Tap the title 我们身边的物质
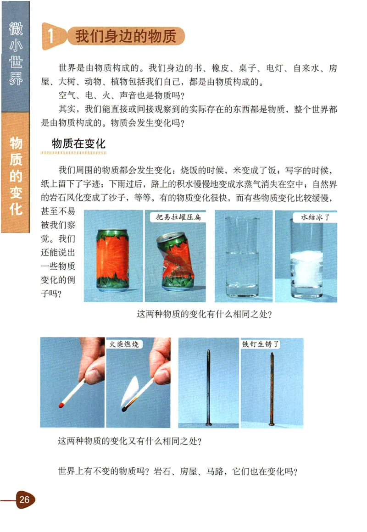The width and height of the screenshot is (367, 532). (x=125, y=37)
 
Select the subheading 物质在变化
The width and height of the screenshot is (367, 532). (x=79, y=144)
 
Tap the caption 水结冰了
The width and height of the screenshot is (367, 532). (x=313, y=217)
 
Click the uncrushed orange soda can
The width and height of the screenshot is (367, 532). (x=113, y=260)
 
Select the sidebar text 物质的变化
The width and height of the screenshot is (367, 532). (x=17, y=177)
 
